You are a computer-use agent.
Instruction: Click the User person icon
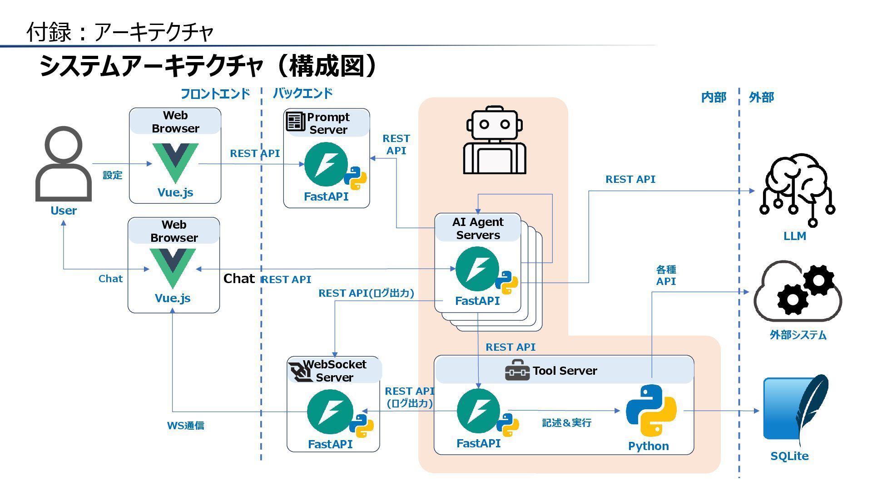coord(64,164)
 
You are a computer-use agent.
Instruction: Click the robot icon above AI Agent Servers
coord(495,140)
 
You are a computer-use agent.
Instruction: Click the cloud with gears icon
coord(798,290)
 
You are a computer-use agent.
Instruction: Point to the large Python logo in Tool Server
coord(651,410)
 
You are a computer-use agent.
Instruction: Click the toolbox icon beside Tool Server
coord(517,370)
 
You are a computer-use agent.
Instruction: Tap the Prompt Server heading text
coord(328,123)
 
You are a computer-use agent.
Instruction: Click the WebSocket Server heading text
coord(334,371)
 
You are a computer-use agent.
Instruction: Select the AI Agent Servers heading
coord(478,228)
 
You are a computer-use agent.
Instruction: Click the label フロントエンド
coord(215,94)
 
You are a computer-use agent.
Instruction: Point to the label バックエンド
coord(302,93)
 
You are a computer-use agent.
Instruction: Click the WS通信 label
coord(185,426)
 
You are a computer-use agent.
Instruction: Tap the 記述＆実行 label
coord(567,423)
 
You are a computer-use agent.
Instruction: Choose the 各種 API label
coord(666,275)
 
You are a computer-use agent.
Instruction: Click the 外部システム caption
coord(798,335)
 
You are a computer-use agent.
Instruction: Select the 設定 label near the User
coord(112,175)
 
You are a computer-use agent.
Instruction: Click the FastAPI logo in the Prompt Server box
coord(326,164)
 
